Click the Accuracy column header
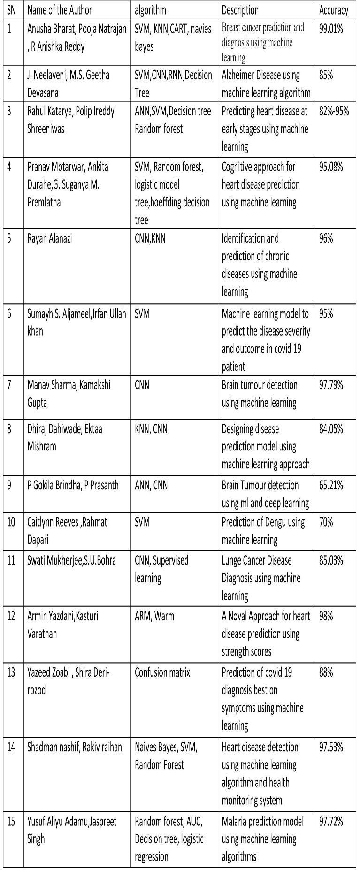(x=333, y=10)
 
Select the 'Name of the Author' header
(x=60, y=10)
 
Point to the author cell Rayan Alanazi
(x=49, y=238)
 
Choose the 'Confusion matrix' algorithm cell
(x=162, y=672)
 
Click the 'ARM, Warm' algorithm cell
(x=154, y=616)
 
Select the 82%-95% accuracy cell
(x=334, y=112)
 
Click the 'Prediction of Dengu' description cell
(x=263, y=531)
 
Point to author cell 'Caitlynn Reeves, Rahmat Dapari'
(x=67, y=531)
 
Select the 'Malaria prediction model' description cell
(x=262, y=839)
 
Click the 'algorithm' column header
(x=150, y=10)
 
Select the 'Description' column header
(x=240, y=10)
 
